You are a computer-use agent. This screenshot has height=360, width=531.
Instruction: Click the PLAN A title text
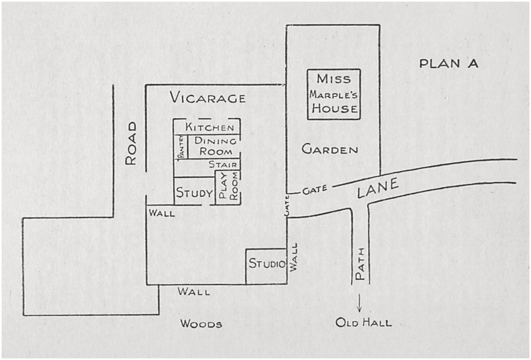pyautogui.click(x=449, y=64)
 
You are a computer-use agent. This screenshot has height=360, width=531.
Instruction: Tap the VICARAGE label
pyautogui.click(x=208, y=98)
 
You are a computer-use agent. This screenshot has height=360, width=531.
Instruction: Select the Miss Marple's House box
pyautogui.click(x=334, y=94)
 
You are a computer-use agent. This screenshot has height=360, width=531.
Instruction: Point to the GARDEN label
pyautogui.click(x=330, y=150)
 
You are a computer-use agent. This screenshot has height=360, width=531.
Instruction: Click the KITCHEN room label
pyautogui.click(x=210, y=127)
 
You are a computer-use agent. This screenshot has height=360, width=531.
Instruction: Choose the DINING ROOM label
pyautogui.click(x=213, y=146)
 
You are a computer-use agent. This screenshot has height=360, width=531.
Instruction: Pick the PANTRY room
pyautogui.click(x=180, y=147)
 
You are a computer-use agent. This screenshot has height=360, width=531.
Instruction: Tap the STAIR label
pyautogui.click(x=223, y=165)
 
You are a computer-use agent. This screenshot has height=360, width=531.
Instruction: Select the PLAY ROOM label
pyautogui.click(x=228, y=187)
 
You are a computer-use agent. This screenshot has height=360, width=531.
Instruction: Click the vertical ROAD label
pyautogui.click(x=130, y=144)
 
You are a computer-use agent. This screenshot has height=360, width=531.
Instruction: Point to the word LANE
pyautogui.click(x=378, y=189)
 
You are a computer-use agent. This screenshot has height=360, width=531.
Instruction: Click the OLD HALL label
pyautogui.click(x=364, y=323)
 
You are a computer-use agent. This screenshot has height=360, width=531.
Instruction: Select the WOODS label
pyautogui.click(x=202, y=324)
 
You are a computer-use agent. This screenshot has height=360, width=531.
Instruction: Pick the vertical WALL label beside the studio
pyautogui.click(x=295, y=257)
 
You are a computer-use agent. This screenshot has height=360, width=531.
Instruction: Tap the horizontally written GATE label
pyautogui.click(x=312, y=191)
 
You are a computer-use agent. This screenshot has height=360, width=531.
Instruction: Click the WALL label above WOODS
pyautogui.click(x=194, y=292)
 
